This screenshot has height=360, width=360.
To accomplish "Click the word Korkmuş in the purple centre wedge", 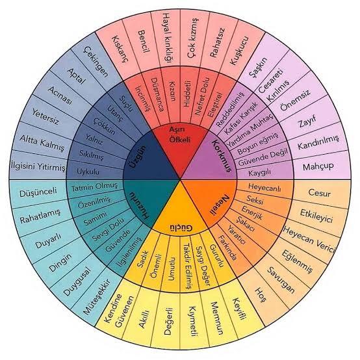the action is click(222, 155).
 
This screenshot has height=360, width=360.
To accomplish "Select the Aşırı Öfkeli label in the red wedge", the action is click(180, 135).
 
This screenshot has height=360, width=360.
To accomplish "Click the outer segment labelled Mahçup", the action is click(318, 166).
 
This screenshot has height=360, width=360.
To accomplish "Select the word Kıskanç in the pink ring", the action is click(120, 49).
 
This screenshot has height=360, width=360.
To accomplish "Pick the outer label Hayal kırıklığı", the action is click(168, 38).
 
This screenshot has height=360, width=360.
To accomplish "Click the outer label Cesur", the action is click(319, 193).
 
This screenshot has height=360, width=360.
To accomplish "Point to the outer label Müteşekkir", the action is click(97, 297).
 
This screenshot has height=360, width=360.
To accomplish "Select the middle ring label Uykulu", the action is click(88, 172).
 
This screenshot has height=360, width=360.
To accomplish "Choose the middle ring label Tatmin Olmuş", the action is click(94, 187).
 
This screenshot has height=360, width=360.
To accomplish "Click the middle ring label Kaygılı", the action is click(260, 172).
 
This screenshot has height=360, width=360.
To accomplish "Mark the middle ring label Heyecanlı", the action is click(264, 188).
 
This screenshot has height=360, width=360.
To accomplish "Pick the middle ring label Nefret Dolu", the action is click(202, 96).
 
